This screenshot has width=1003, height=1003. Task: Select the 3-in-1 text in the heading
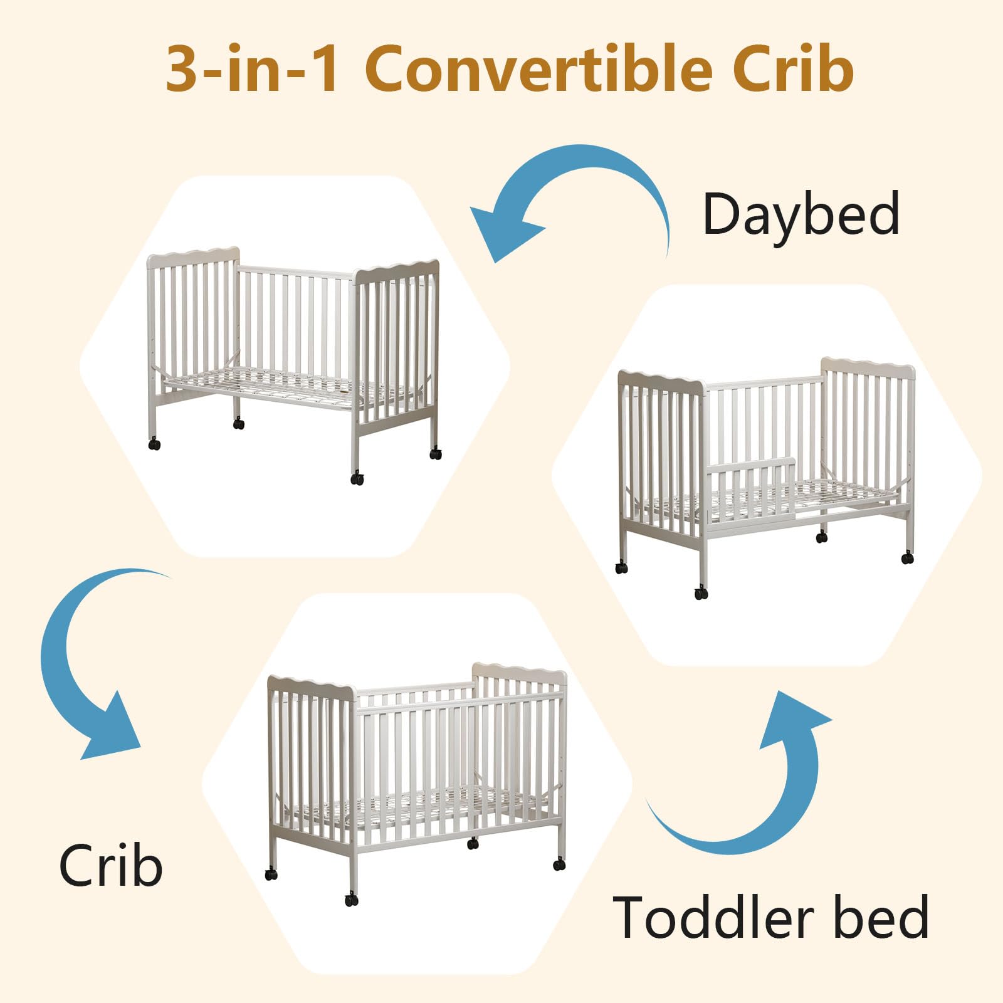pos(253,69)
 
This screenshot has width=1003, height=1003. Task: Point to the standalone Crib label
pos(111,865)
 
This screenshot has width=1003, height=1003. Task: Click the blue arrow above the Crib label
pos(75,664)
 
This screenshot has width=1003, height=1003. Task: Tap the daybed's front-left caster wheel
pos(154,444)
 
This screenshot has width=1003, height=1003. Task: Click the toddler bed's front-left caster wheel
pos(621,568)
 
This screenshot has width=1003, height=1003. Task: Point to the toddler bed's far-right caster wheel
pos(907,557)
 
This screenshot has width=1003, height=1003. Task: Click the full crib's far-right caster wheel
pos(559,864)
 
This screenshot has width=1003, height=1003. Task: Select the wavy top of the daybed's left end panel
pos(193,256)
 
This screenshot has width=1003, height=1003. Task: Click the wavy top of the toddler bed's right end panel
pos(868,367)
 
